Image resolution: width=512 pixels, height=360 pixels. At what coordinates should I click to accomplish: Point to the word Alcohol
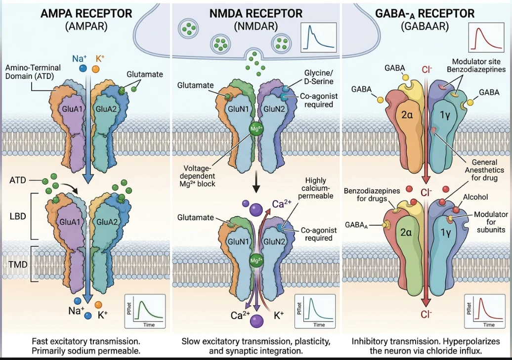475,197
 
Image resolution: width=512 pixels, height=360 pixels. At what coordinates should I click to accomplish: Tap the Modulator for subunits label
491,222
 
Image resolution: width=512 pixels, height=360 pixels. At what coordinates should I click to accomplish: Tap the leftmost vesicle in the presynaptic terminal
188,29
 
